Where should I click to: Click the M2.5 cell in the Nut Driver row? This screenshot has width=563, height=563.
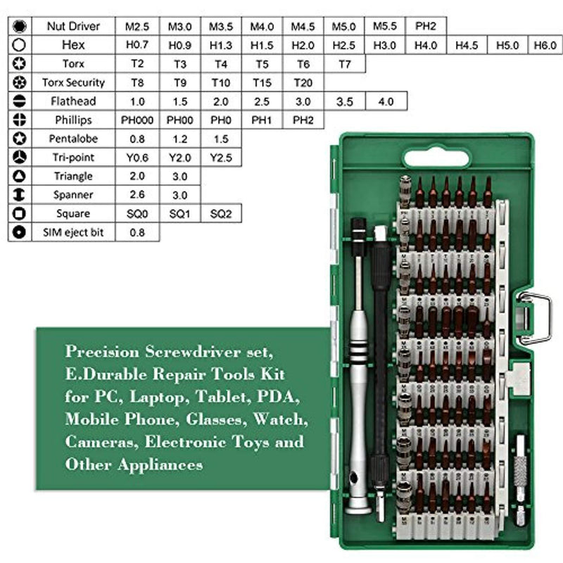138,26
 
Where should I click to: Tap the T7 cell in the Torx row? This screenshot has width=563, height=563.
344,63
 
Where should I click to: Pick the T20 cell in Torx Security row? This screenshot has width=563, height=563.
303,82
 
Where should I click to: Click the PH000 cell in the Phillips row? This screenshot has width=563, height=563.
138,120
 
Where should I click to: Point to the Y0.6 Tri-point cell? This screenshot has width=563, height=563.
138,157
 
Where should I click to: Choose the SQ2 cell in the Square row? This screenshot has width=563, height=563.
220,213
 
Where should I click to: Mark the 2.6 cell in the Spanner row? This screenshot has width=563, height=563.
138,194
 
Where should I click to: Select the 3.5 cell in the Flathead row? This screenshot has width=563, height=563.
344,101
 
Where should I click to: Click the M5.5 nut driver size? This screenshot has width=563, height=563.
385,26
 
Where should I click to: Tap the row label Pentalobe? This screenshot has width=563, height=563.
73,139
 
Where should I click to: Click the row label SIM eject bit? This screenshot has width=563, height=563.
73,232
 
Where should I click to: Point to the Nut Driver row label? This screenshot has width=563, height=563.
73,26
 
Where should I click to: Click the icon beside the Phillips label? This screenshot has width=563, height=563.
20,120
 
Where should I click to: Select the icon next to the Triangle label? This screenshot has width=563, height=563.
20,176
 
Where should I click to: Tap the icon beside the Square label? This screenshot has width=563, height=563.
20,213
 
